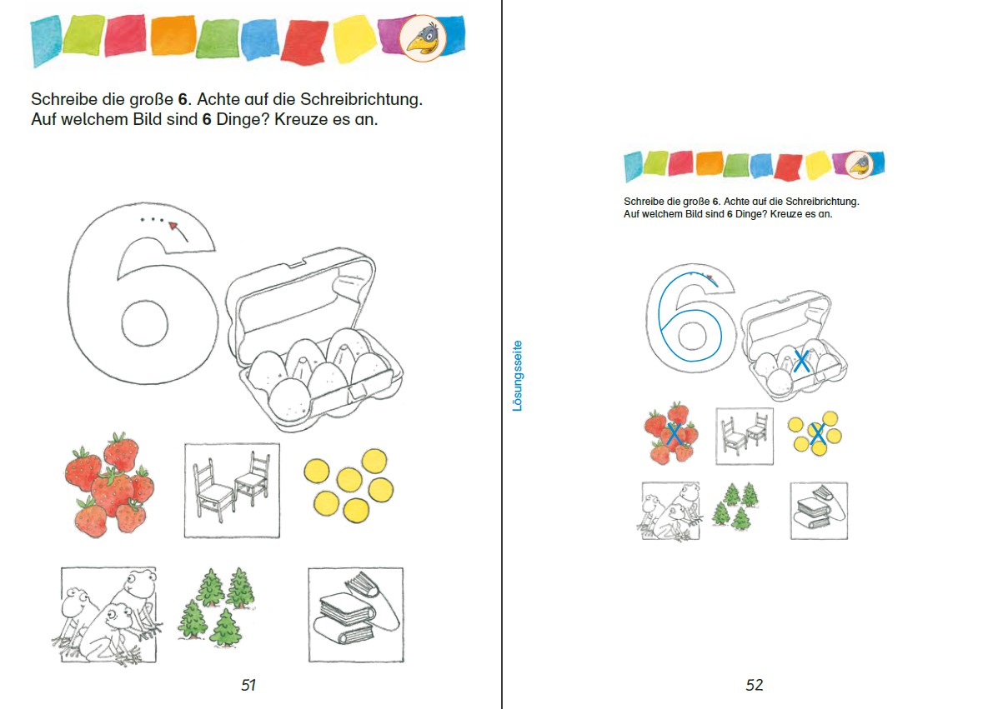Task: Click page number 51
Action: tap(248, 685)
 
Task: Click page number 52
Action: tap(755, 685)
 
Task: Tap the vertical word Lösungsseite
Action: tap(517, 376)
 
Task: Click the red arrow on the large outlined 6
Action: tap(178, 232)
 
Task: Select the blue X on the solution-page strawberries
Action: tap(674, 434)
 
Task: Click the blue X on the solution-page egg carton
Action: tap(801, 361)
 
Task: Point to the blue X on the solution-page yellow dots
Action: tap(817, 434)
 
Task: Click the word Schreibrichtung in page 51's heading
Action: tap(361, 99)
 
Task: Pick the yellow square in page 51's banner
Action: tap(354, 39)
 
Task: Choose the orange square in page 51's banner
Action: tap(173, 35)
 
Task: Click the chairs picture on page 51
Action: tap(232, 491)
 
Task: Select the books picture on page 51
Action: tap(356, 615)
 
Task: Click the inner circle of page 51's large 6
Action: tap(144, 323)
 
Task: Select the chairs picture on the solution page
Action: tap(745, 436)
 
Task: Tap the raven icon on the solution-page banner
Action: tap(859, 165)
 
